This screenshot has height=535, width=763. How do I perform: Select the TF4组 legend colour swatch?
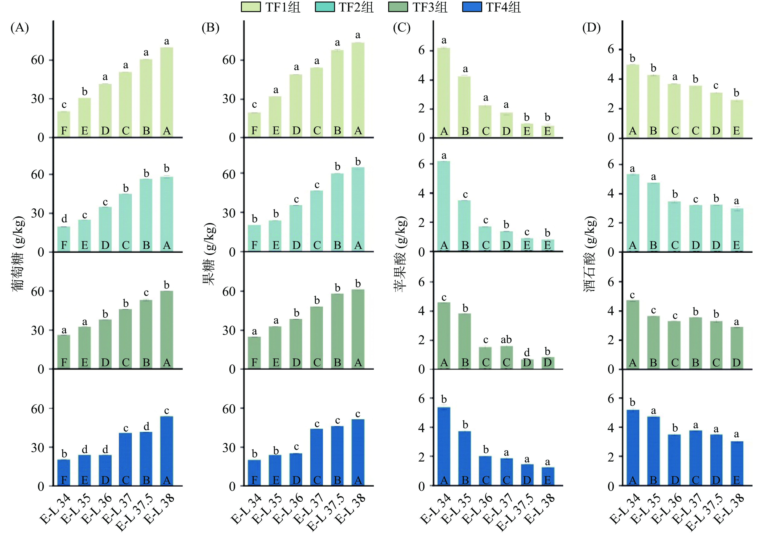(472, 7)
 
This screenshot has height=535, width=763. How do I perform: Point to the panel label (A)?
(20, 28)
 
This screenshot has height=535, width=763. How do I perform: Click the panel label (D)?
(591, 28)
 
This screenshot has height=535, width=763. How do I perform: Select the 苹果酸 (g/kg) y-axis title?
(400, 254)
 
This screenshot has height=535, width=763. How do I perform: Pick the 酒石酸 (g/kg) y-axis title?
(590, 254)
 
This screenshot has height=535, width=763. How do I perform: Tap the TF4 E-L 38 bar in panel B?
(358, 452)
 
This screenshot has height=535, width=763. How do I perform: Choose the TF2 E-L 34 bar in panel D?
(633, 213)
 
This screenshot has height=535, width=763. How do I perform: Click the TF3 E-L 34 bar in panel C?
(444, 335)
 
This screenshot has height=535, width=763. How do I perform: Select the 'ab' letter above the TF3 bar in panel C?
(506, 340)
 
